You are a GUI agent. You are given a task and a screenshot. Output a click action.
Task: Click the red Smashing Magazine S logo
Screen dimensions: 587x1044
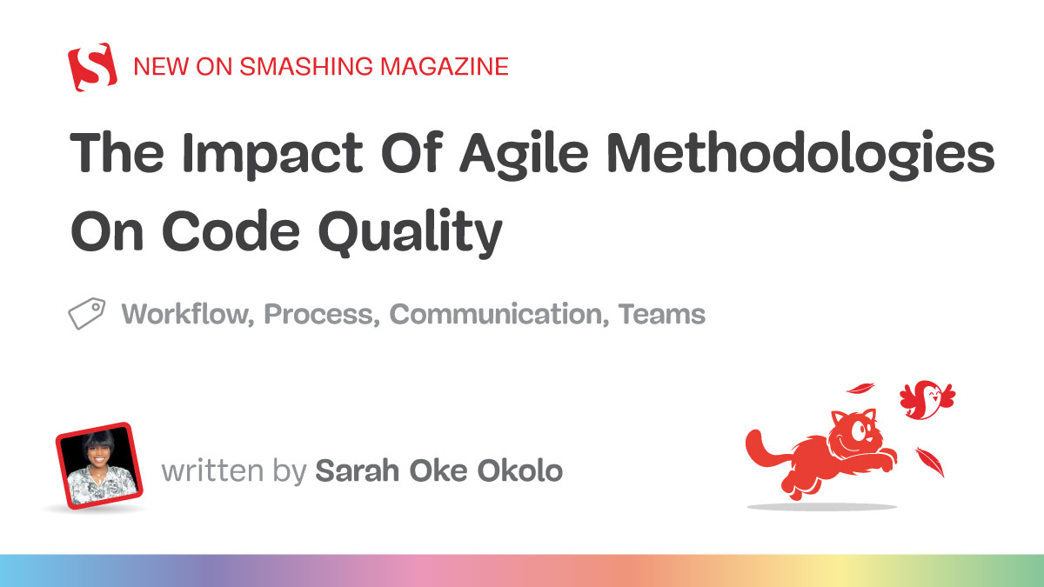(x=92, y=66)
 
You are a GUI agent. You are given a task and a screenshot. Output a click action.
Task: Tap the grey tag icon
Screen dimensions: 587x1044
(x=87, y=313)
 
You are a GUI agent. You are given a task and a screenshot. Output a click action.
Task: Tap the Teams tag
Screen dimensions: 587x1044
(x=662, y=314)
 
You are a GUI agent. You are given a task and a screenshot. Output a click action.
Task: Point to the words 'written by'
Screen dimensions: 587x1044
(x=234, y=472)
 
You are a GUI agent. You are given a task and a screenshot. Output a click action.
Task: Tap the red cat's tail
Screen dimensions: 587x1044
(x=759, y=448)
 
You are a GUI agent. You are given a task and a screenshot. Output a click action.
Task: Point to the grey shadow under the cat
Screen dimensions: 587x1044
(x=822, y=506)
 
